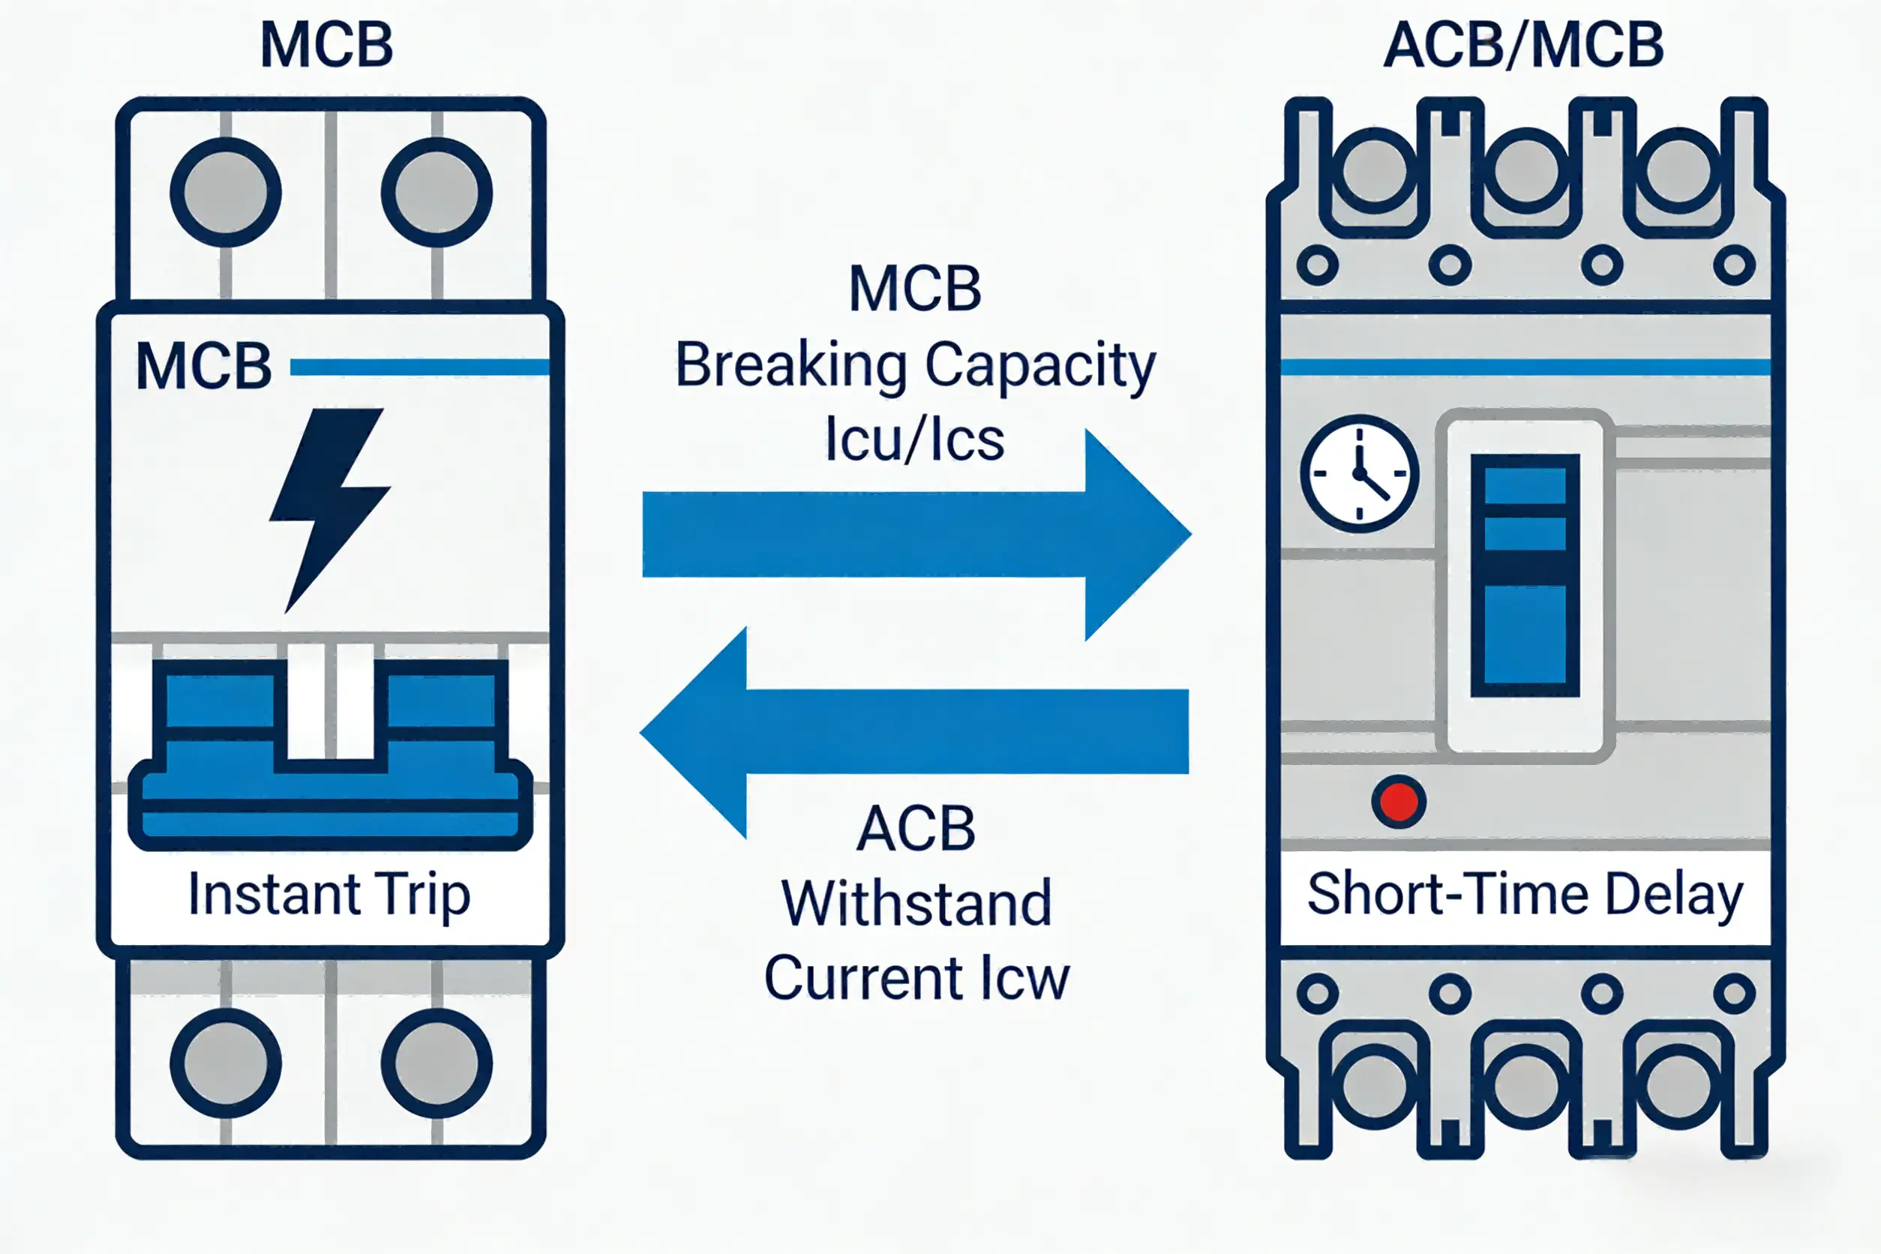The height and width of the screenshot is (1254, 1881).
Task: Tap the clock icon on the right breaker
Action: [1360, 473]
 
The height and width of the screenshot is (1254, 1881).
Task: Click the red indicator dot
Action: [1399, 801]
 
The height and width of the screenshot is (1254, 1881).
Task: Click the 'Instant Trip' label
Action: [329, 894]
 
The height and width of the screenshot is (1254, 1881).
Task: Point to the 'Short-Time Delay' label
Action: [1524, 894]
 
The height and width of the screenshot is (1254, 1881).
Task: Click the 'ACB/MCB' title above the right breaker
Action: [1523, 46]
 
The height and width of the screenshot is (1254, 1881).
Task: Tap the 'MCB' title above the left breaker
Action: [327, 46]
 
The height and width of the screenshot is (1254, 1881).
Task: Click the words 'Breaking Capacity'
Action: [915, 365]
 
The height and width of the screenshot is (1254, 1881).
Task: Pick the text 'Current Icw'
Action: [916, 977]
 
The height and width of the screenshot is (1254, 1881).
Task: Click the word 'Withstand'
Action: [916, 904]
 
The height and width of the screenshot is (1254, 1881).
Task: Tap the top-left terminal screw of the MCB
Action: [226, 192]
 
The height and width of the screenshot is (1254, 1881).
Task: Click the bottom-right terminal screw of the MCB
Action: [436, 1063]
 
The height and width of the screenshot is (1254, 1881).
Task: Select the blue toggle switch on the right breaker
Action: [1524, 576]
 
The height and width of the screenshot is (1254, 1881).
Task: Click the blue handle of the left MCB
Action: [329, 768]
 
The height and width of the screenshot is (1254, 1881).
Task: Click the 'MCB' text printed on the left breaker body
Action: [204, 367]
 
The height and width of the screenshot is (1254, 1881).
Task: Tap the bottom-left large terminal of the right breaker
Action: [1374, 1086]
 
